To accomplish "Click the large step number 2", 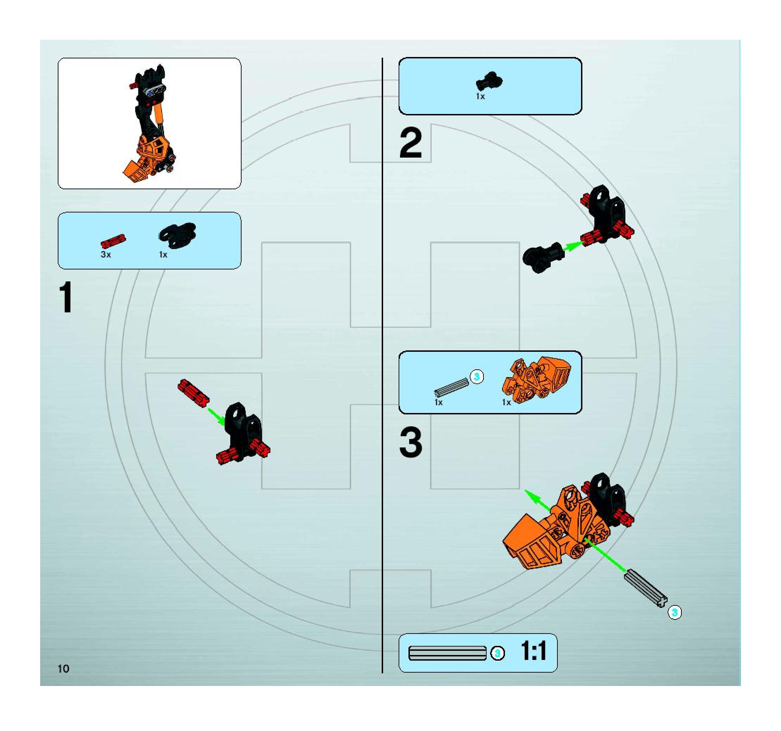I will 411,144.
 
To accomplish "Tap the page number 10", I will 63,669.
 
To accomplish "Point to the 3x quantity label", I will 106,254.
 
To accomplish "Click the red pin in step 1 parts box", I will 113,241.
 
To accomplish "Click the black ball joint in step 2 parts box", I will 489,81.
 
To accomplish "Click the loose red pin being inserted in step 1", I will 193,393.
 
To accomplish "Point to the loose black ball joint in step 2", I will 542,257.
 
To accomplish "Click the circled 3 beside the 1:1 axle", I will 497,653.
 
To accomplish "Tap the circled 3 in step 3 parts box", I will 476,377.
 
